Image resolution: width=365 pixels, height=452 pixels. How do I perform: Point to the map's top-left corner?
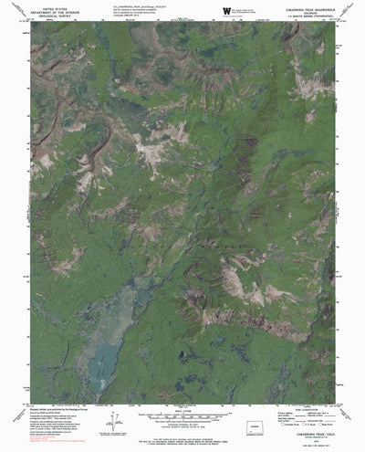click(x=30, y=24)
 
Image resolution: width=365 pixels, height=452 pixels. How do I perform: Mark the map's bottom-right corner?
click(x=337, y=403)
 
